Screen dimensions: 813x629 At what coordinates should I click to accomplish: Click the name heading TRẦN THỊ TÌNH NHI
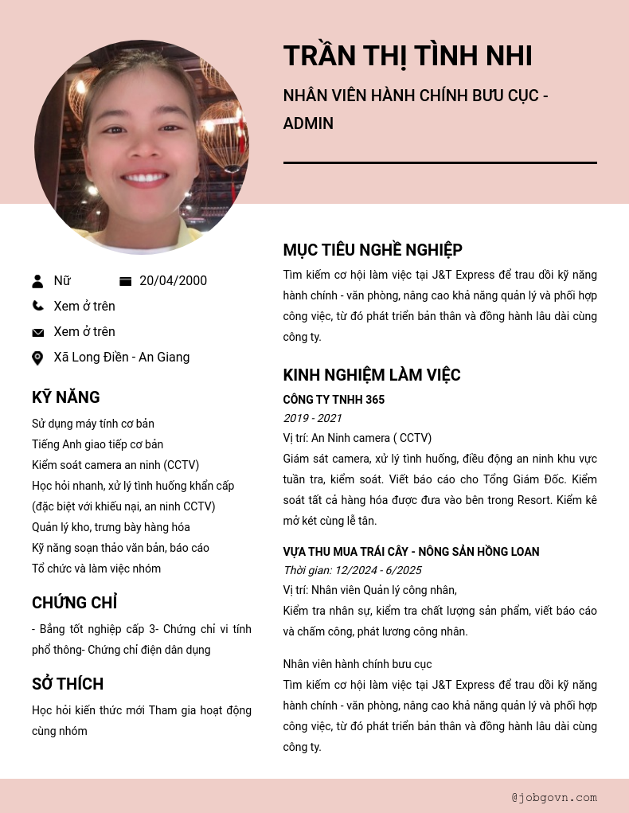(x=407, y=56)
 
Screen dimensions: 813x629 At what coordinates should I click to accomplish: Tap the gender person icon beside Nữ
(x=37, y=281)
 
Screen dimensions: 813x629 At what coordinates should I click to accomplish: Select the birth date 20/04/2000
(x=173, y=281)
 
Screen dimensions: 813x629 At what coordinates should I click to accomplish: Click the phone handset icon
(x=37, y=306)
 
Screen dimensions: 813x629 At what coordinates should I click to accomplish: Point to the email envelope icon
(x=37, y=332)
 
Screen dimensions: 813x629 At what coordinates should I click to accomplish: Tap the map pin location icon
(x=37, y=358)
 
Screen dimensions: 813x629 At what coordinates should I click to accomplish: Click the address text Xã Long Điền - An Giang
(x=122, y=358)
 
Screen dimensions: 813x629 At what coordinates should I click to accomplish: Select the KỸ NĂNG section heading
(x=66, y=397)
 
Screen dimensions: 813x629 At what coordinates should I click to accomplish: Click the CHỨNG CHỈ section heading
(x=75, y=603)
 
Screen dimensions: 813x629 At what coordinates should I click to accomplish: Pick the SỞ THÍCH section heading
(x=68, y=684)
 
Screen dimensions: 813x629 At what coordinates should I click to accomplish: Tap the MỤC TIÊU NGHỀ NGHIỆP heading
(x=373, y=250)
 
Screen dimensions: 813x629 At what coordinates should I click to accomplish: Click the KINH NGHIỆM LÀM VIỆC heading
(x=372, y=375)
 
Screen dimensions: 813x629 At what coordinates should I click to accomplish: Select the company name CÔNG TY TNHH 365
(x=334, y=400)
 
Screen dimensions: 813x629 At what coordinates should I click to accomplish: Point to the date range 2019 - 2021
(x=312, y=418)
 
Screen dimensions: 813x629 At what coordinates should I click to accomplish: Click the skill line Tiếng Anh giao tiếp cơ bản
(x=97, y=444)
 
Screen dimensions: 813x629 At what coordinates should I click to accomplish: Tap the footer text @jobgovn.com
(x=554, y=797)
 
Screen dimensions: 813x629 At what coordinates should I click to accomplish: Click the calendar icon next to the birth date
(x=125, y=281)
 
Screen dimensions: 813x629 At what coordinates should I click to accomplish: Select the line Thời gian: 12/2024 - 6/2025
(x=352, y=570)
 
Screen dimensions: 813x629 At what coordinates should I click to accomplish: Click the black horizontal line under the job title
(x=440, y=162)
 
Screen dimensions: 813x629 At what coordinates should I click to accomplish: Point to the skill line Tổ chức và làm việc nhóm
(x=96, y=569)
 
